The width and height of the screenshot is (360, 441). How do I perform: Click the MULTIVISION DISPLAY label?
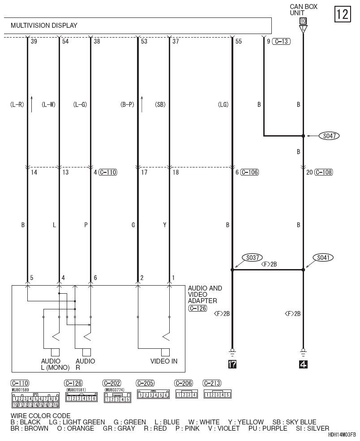tap(44, 26)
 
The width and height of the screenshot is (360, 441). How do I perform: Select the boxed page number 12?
tap(342, 14)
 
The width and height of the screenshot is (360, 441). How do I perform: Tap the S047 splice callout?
tap(329, 136)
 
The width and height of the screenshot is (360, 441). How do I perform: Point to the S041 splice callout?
tap(325, 258)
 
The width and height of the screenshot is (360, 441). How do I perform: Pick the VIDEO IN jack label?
tap(164, 361)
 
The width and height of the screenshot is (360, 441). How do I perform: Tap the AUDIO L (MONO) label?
tap(56, 364)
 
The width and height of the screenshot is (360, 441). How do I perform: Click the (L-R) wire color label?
tap(17, 105)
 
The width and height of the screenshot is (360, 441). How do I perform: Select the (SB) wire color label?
tap(160, 105)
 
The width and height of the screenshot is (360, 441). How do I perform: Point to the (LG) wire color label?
tap(223, 105)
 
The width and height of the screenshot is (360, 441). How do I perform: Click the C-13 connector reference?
tap(281, 42)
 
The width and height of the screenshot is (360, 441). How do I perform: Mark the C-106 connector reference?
tap(249, 172)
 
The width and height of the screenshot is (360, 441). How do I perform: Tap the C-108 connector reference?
tap(323, 172)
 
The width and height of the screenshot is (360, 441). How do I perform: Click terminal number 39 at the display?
tap(34, 42)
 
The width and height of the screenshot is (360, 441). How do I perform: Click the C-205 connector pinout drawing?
tap(153, 395)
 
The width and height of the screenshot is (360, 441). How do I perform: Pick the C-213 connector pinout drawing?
tap(217, 394)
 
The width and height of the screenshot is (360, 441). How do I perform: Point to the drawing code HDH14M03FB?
tap(342, 435)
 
